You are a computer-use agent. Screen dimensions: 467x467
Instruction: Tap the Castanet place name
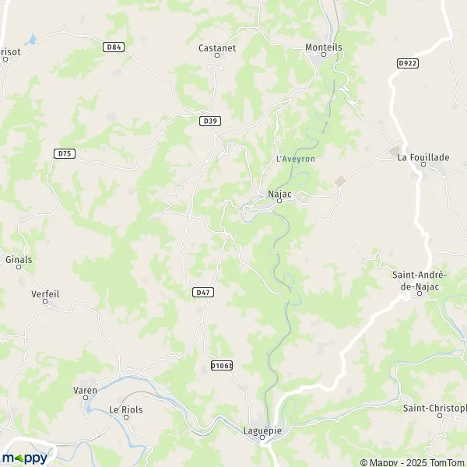212,47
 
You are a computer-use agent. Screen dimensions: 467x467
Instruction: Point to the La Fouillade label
423,157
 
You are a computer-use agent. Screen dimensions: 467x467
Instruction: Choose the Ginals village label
19,258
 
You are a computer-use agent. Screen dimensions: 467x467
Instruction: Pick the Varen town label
85,390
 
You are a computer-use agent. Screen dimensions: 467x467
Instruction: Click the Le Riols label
125,409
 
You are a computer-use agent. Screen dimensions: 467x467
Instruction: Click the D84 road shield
114,47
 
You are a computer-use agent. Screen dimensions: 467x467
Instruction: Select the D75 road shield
65,153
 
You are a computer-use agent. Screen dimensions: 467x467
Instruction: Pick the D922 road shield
407,63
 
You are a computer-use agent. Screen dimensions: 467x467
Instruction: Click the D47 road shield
202,292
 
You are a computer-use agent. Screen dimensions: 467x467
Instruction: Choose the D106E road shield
222,365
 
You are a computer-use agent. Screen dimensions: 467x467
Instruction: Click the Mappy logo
24,458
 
